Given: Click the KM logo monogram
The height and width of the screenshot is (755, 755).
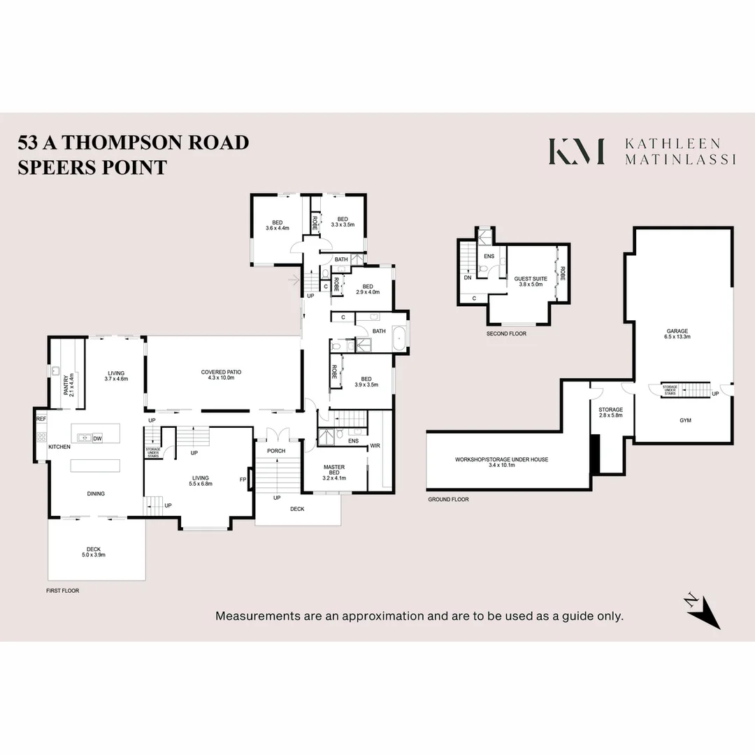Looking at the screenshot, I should pos(576,152).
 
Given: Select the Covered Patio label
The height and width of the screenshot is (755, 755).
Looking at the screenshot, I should pos(221,375).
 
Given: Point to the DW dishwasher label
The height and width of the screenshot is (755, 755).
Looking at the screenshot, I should pos(98,438).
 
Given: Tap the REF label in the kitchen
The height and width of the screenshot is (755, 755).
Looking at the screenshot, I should pos(41,419).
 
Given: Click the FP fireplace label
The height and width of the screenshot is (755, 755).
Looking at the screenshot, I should pos(243,480).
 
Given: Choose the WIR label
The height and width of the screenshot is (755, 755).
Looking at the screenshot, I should pos(375,445).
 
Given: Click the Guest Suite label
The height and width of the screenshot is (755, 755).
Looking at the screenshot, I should pos(531,281).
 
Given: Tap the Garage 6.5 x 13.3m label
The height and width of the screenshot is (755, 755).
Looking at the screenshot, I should pos(677,333).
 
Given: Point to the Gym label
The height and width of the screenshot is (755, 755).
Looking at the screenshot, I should pos(685,422).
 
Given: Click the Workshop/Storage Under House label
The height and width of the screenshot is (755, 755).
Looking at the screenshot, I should pos(501,463).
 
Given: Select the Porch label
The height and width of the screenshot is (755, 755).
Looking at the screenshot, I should pos(276,451).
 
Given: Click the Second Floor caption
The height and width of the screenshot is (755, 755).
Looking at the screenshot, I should pos(506,334).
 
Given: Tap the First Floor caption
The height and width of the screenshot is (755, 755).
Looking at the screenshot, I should pos(64,591).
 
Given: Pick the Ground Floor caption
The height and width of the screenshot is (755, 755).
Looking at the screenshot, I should pos(449,500).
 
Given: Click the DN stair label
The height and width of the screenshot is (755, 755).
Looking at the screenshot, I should pos(467,278).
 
